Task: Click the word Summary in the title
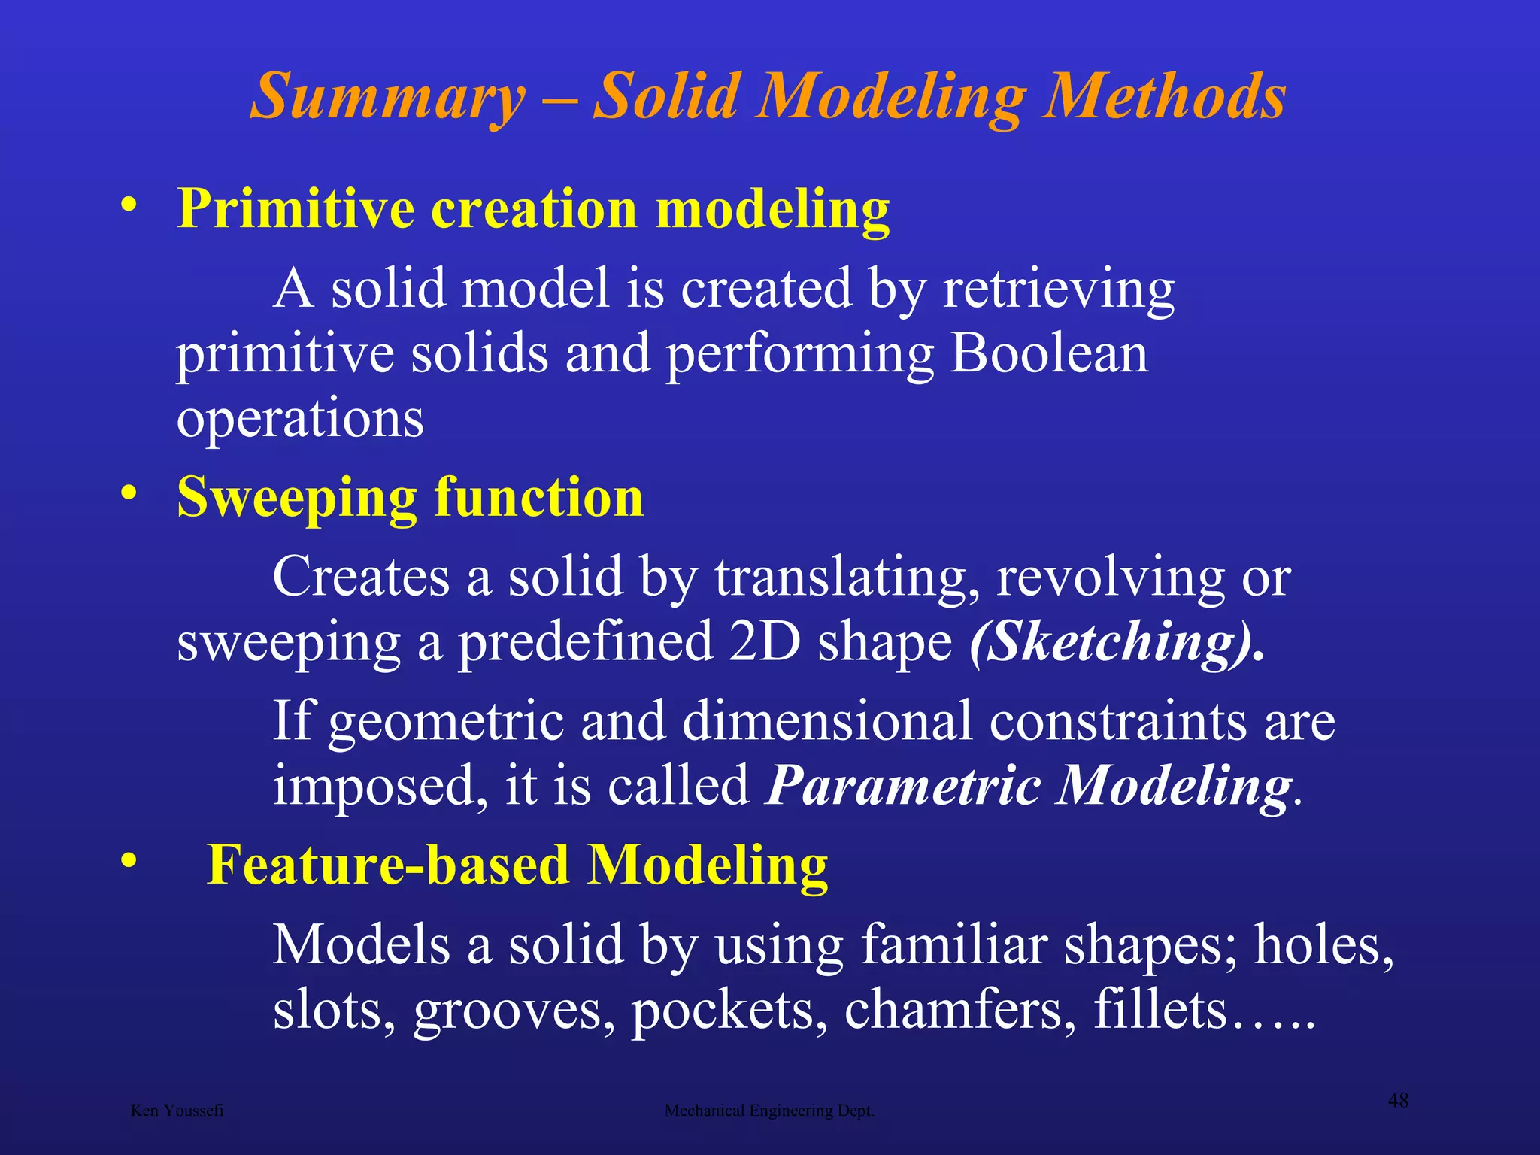click(388, 98)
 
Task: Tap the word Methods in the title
click(1165, 98)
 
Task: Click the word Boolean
click(1049, 353)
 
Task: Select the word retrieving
click(1058, 290)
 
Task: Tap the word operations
click(300, 418)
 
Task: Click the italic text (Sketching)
click(1116, 642)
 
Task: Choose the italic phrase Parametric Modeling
click(1029, 785)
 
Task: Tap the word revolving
click(1110, 577)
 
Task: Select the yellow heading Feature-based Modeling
click(517, 865)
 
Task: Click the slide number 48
click(1397, 1101)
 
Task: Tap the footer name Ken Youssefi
click(177, 1111)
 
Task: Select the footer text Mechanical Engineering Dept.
click(769, 1111)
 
